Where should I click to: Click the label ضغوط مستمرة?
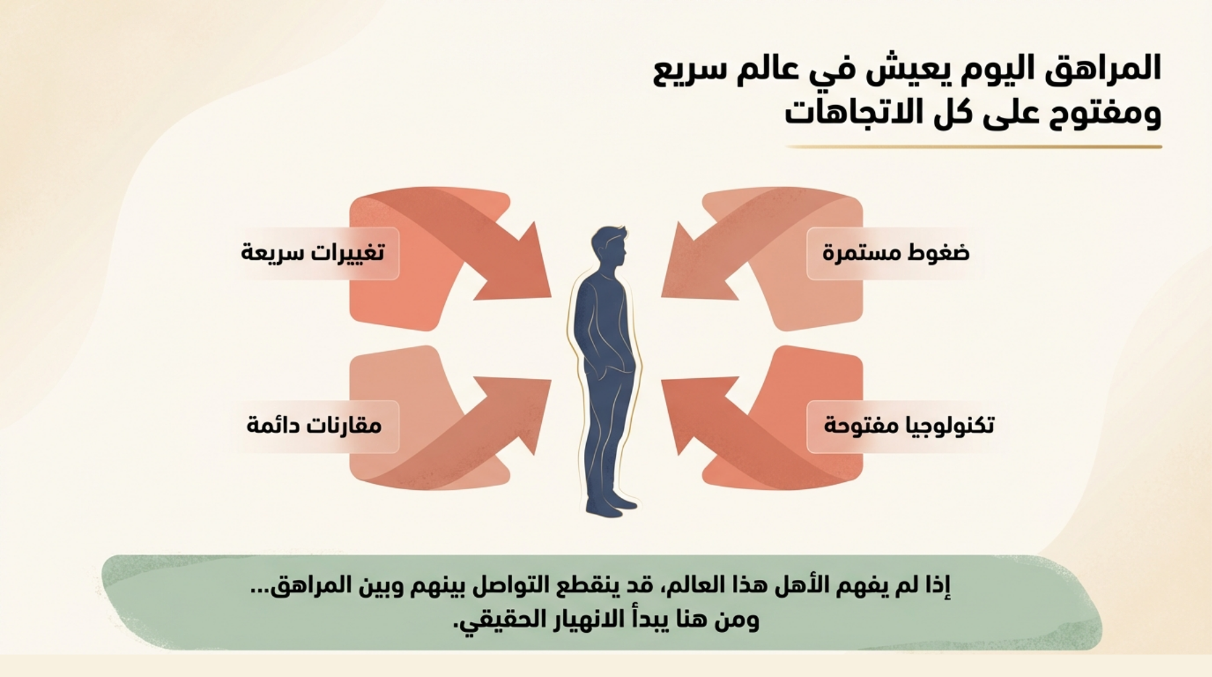[x=895, y=253]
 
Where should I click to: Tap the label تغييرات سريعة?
[x=313, y=252]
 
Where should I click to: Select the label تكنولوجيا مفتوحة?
[x=909, y=425]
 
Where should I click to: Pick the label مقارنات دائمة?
[x=314, y=424]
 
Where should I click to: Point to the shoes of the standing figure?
[x=613, y=505]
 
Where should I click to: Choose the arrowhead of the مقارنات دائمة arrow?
[x=522, y=410]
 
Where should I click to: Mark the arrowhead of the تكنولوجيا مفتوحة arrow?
[x=691, y=410]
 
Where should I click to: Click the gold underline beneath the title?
[x=973, y=147]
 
